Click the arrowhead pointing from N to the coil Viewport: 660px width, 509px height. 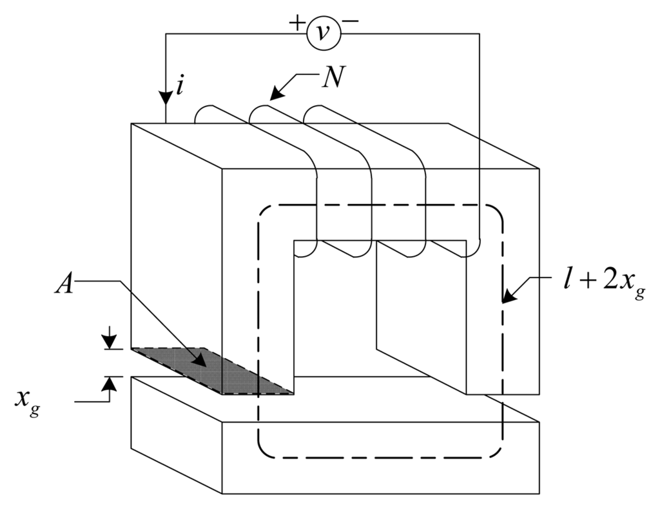[276, 95]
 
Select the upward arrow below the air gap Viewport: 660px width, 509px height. [111, 384]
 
